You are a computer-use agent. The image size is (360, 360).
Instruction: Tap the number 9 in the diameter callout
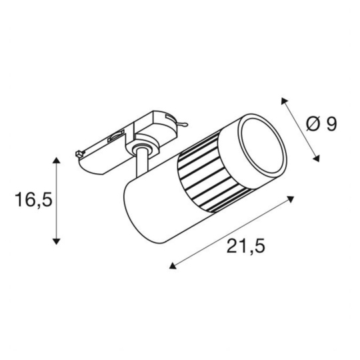pyautogui.click(x=331, y=124)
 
